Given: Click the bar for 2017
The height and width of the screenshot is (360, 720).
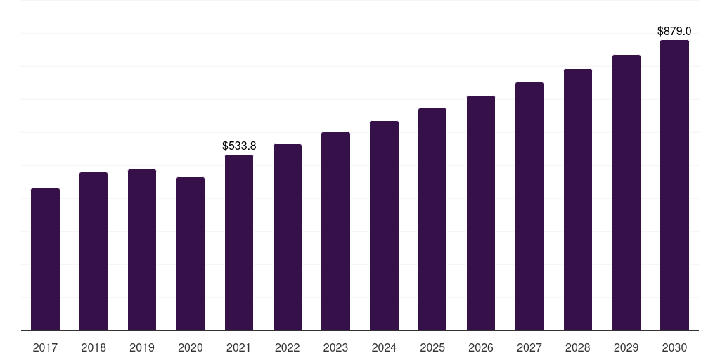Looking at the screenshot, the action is pyautogui.click(x=45, y=259).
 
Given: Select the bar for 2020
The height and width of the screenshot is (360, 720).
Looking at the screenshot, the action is pyautogui.click(x=191, y=254).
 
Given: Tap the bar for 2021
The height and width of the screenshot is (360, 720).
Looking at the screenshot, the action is pyautogui.click(x=239, y=243).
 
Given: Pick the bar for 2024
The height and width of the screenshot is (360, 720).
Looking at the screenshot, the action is pyautogui.click(x=384, y=226).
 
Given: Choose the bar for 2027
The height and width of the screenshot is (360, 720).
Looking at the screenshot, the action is pyautogui.click(x=529, y=207).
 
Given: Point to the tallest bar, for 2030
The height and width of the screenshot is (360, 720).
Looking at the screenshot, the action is pyautogui.click(x=674, y=186).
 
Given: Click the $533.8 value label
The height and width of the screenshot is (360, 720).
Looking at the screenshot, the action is pyautogui.click(x=239, y=146).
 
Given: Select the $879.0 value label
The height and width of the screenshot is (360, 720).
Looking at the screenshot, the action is pyautogui.click(x=674, y=31).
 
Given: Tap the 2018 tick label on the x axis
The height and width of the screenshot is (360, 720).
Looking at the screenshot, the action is pyautogui.click(x=94, y=348).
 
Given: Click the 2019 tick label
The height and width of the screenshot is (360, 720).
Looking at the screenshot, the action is pyautogui.click(x=142, y=348).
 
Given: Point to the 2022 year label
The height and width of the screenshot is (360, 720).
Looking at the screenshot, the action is pyautogui.click(x=288, y=348).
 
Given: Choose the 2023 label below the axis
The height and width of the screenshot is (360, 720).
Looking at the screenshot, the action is pyautogui.click(x=335, y=348).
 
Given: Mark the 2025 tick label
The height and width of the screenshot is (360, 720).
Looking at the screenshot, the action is pyautogui.click(x=432, y=348).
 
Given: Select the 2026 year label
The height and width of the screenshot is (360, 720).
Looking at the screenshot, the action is pyautogui.click(x=481, y=348).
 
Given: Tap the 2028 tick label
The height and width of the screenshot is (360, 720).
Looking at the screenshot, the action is pyautogui.click(x=578, y=348).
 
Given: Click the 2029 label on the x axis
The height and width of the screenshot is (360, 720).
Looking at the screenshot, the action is pyautogui.click(x=626, y=348).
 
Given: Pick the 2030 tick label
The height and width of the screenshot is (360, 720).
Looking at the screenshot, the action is pyautogui.click(x=674, y=348).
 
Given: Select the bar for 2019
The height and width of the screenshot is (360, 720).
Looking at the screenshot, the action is pyautogui.click(x=142, y=250).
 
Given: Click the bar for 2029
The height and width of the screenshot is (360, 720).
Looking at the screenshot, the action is pyautogui.click(x=626, y=193).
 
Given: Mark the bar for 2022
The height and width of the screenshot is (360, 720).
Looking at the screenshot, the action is pyautogui.click(x=288, y=238).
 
